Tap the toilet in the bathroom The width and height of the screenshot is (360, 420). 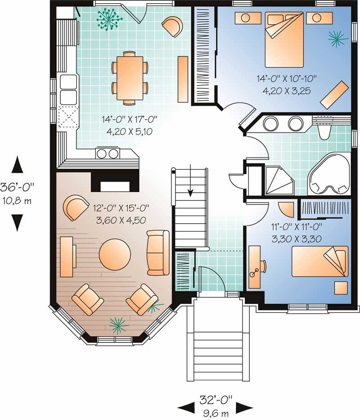[324, 130]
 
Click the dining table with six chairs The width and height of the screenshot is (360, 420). [130, 78]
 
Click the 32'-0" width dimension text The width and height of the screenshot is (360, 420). [216, 400]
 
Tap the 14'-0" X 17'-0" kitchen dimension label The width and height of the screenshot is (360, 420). [129, 119]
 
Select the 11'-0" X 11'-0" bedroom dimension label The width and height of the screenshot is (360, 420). [296, 227]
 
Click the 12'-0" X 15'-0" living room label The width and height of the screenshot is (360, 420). [121, 208]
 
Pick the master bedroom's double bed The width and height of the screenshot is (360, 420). [284, 39]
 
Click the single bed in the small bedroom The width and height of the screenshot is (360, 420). [320, 262]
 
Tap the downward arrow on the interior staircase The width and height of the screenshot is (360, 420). [190, 181]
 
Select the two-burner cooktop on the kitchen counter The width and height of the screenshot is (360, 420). [108, 153]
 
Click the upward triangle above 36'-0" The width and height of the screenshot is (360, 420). [17, 164]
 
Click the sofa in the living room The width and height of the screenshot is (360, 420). [158, 253]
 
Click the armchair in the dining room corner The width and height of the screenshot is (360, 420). [172, 26]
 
